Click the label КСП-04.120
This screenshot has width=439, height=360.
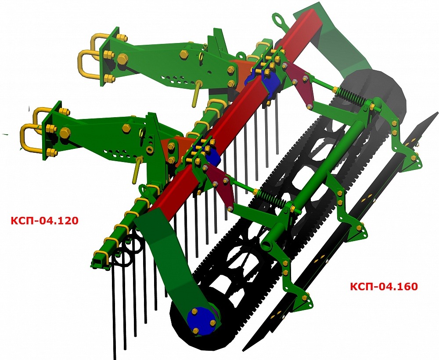point(44,220)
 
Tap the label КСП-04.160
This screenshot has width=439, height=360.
point(384,286)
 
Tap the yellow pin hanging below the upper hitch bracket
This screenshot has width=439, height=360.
point(197,94)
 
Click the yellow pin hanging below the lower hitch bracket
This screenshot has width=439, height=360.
point(137,170)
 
